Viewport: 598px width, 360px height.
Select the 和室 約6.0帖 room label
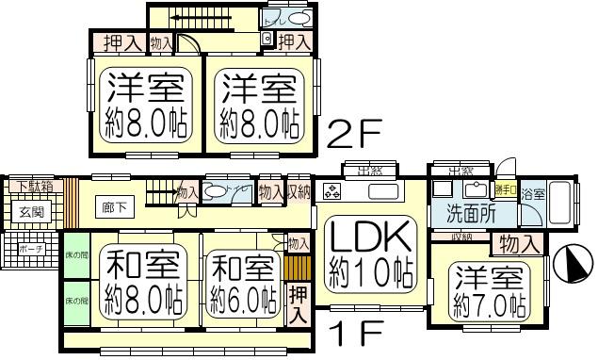point(241,281)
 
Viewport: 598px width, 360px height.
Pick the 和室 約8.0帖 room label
point(142,281)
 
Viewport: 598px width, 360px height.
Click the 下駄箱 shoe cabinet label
point(34,186)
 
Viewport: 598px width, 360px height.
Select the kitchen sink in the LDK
point(382,192)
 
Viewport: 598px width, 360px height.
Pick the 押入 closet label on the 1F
point(298,303)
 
